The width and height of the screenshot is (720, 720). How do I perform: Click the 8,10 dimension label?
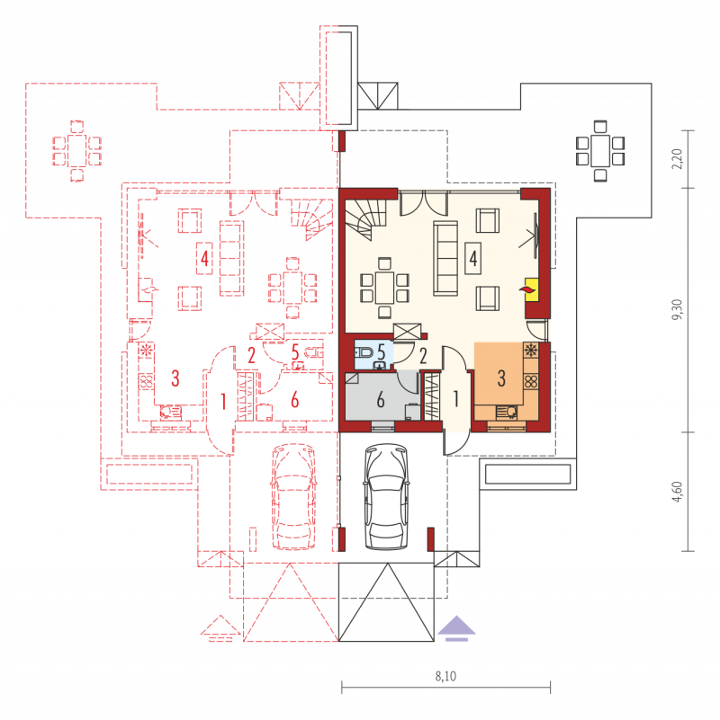point(445,676)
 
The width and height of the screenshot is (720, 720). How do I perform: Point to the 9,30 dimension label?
point(677,310)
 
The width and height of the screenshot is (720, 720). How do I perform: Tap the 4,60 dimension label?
point(677,492)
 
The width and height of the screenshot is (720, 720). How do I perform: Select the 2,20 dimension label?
point(677,159)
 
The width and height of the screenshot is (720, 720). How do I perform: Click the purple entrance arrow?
point(456,627)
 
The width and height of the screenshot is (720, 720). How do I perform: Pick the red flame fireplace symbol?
point(526,289)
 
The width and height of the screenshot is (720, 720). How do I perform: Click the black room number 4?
point(473,259)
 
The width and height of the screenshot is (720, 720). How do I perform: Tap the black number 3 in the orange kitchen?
point(501,378)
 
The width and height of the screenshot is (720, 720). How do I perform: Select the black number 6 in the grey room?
point(381,400)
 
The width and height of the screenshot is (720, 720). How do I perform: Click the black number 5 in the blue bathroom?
point(381,351)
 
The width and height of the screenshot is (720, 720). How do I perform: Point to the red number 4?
point(204,258)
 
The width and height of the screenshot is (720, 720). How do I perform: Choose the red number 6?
point(294,400)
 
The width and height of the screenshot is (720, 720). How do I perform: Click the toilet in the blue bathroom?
point(364,352)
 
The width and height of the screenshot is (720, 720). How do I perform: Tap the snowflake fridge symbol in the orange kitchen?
point(531,351)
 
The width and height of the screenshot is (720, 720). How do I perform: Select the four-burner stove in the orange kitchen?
point(531,382)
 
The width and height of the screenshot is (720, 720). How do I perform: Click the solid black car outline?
point(387,497)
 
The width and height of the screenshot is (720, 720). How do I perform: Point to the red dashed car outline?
point(293,497)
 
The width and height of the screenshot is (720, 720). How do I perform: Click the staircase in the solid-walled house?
point(366,219)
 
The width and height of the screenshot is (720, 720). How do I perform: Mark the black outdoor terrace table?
point(600,151)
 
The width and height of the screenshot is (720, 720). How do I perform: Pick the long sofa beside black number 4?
point(445,258)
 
